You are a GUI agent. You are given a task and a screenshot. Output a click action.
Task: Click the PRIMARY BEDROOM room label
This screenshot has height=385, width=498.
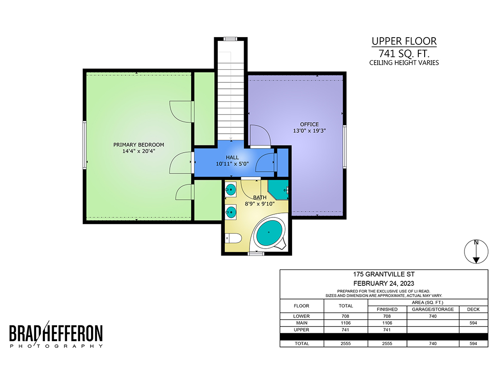pyautogui.click(x=139, y=145)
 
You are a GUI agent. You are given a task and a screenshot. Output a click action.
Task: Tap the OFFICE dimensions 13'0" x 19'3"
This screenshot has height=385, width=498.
pyautogui.click(x=309, y=130)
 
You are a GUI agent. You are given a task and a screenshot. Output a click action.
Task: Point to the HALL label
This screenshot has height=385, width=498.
pyautogui.click(x=232, y=158)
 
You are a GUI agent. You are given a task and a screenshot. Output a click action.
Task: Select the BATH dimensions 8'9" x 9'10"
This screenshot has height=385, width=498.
pyautogui.click(x=259, y=204)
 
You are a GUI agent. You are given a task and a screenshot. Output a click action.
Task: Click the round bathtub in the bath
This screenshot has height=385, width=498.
pyautogui.click(x=269, y=232)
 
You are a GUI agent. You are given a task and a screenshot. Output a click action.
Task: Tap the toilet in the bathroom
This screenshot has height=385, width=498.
pyautogui.click(x=234, y=238)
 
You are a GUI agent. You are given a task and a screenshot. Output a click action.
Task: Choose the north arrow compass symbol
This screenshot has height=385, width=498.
pyautogui.click(x=476, y=251)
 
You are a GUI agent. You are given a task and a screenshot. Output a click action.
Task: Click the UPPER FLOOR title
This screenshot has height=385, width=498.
pyautogui.click(x=404, y=41)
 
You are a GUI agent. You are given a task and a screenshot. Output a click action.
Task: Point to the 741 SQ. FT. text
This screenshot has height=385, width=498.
pyautogui.click(x=404, y=53)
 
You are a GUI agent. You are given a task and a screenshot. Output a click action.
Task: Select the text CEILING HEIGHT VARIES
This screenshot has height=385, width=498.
pyautogui.click(x=404, y=63)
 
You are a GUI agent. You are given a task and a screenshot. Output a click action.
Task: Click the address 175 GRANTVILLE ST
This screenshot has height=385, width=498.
pyautogui.click(x=383, y=274)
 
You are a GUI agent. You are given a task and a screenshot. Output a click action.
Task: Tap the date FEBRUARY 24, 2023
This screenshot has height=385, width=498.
pyautogui.click(x=383, y=284)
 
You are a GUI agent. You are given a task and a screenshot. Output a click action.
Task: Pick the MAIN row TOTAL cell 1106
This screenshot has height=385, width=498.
pyautogui.click(x=345, y=323)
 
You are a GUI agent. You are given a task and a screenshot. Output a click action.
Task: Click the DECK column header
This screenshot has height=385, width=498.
pyautogui.click(x=473, y=309)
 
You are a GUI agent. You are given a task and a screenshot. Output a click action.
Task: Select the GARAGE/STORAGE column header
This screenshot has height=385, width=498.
pyautogui.click(x=433, y=309)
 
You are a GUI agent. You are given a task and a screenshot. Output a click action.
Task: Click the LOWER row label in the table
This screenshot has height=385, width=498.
pyautogui.click(x=302, y=317)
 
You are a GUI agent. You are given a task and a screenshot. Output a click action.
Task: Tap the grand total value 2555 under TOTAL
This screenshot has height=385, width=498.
pyautogui.click(x=345, y=344)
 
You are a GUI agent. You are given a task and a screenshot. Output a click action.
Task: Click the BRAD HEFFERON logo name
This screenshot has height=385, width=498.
pyautogui.click(x=56, y=333)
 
